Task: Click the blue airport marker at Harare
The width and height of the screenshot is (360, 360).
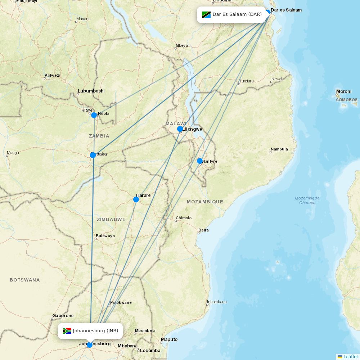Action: coord(136,199)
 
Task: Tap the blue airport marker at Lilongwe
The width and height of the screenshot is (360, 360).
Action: coord(180,129)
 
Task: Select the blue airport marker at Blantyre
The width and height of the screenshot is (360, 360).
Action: coord(200,161)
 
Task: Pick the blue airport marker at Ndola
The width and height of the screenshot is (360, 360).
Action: coord(94,115)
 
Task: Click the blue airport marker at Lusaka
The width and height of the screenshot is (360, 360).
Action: coord(93,155)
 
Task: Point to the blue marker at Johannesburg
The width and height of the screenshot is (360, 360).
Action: coord(90,345)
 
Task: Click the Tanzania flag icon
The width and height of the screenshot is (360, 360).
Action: coord(206,14)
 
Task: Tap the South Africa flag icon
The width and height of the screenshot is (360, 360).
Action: coord(67,331)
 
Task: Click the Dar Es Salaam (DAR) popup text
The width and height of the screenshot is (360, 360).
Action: coord(237,14)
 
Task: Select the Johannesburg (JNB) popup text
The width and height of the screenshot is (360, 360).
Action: coord(95,331)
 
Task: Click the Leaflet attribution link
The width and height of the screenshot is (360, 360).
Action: coord(350,356)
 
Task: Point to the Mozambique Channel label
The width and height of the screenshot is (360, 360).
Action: coord(307,200)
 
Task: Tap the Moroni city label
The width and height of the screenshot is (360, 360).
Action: coord(343,91)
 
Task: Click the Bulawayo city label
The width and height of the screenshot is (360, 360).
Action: coord(105,236)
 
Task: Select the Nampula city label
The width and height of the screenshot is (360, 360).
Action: coord(279,149)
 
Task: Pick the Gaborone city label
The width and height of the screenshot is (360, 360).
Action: coord(63,316)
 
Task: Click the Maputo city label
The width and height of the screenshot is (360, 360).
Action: coord(169,339)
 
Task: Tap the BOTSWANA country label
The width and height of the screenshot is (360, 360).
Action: coord(25,280)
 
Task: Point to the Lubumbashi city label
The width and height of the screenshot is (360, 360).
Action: coord(91,91)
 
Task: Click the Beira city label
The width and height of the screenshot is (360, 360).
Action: coord(203,230)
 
